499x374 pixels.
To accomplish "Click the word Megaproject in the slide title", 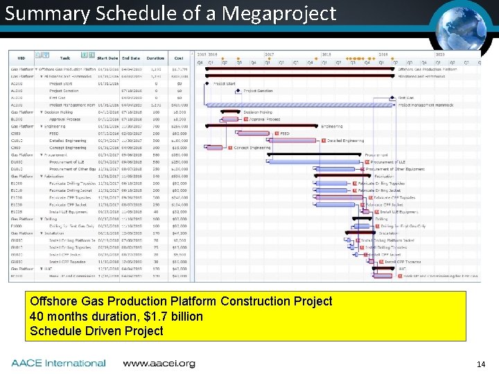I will [281, 13].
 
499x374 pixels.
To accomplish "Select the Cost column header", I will [179, 58].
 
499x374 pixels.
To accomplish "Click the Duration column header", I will [155, 58].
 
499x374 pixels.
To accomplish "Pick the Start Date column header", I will [107, 58].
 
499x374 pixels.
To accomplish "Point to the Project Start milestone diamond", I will [207, 84].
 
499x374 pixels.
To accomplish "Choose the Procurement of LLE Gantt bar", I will [306, 161].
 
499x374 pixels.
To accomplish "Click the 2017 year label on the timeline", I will [269, 53].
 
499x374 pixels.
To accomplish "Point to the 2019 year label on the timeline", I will [383, 53].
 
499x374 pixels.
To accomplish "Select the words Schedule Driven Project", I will [96, 330].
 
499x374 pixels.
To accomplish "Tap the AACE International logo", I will [58, 363].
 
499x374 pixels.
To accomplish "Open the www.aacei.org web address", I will [159, 363].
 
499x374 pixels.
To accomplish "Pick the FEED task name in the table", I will [53, 133].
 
